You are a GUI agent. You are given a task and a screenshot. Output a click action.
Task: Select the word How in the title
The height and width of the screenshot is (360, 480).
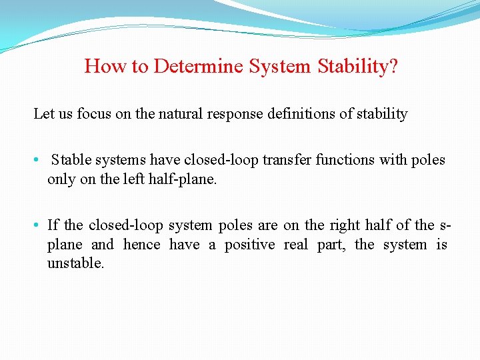(x=101, y=67)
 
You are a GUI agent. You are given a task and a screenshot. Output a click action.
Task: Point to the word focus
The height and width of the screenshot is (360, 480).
(x=94, y=114)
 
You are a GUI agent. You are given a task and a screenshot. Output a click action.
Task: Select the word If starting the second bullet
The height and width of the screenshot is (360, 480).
(x=53, y=225)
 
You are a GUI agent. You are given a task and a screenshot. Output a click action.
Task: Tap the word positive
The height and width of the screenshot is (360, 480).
(x=249, y=245)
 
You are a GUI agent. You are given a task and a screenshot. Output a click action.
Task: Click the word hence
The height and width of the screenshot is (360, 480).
(x=141, y=245)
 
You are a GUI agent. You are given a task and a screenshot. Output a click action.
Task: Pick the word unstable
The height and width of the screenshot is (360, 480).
(x=75, y=263)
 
